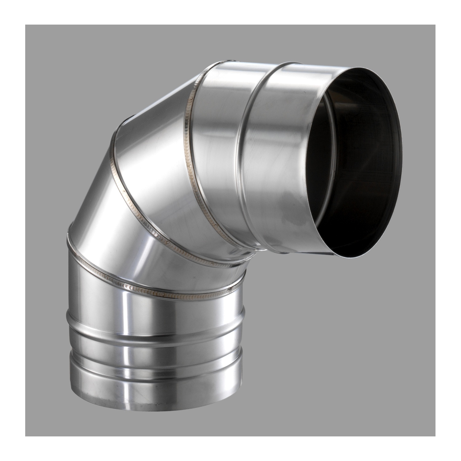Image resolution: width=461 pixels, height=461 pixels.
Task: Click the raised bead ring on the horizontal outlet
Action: [246, 154]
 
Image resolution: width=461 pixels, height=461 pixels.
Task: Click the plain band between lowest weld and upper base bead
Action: [154, 310]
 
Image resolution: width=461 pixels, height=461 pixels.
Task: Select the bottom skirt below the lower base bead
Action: [154, 381]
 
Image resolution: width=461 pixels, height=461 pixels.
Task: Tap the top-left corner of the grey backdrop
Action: [26, 25]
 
